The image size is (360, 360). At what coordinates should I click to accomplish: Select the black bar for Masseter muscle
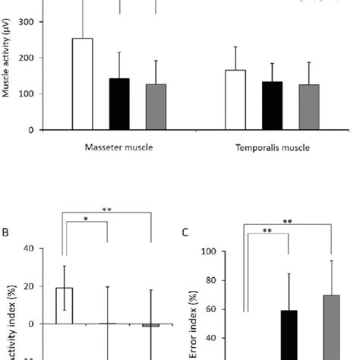point(119,104)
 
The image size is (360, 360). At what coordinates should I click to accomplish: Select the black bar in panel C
point(289,334)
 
